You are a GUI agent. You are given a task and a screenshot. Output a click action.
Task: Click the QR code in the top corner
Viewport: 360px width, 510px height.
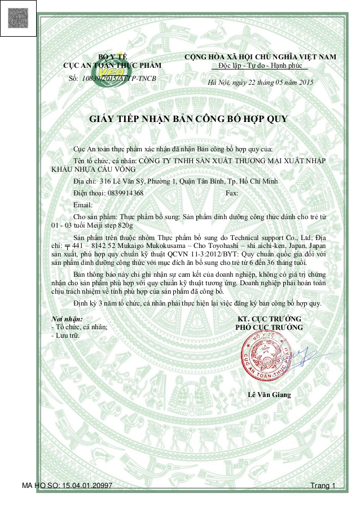tap(17, 18)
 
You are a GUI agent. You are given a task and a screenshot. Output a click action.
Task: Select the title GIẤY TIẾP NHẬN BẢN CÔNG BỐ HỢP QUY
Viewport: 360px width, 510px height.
tap(188, 120)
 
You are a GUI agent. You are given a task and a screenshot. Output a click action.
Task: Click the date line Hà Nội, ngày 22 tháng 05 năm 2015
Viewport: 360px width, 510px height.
tap(260, 83)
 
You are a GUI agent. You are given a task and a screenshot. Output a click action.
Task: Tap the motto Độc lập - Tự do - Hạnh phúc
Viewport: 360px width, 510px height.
tap(260, 67)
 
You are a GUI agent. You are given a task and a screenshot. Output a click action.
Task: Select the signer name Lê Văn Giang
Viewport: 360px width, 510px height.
tap(269, 395)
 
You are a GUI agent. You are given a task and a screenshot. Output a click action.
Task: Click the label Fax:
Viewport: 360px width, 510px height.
tap(231, 193)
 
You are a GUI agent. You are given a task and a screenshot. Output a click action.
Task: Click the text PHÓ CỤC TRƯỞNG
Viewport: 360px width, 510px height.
tap(269, 327)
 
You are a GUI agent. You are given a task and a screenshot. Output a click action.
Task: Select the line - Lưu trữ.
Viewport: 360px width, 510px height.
tap(65, 335)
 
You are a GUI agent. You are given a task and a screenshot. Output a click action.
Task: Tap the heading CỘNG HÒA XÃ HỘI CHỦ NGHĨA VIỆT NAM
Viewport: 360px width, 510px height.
tap(260, 57)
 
